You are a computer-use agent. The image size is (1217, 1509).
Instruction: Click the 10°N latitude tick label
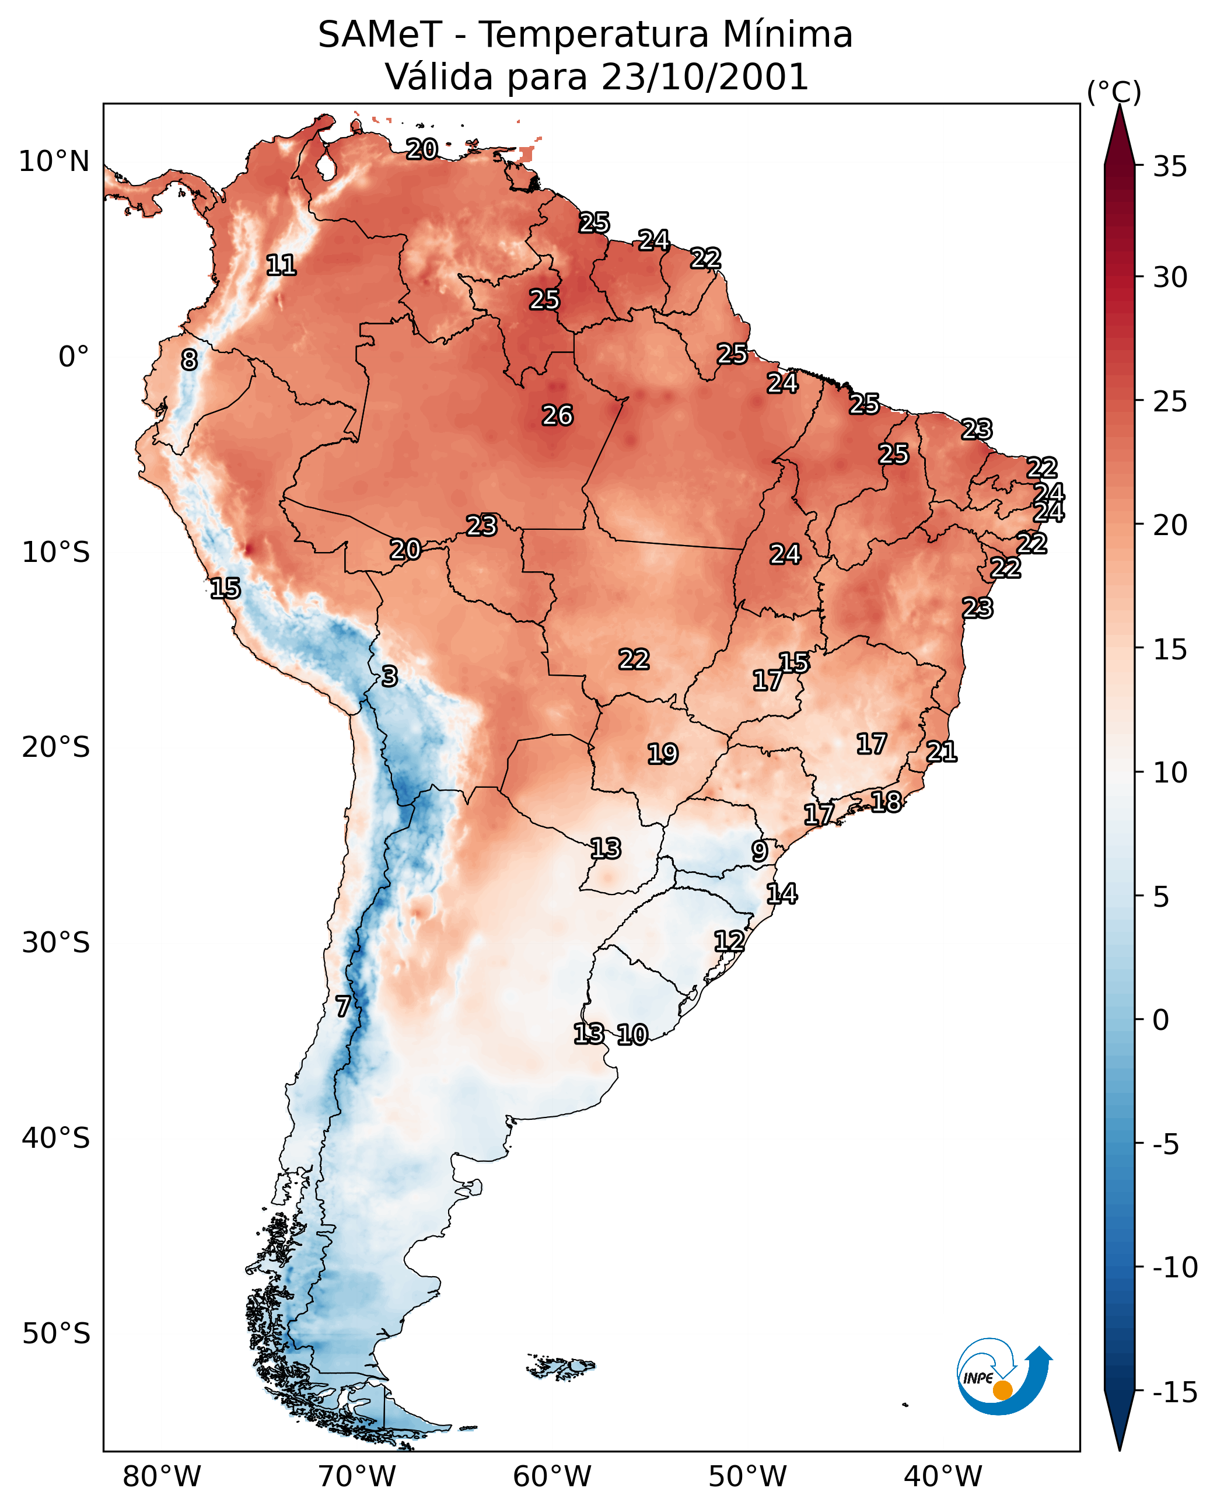54,162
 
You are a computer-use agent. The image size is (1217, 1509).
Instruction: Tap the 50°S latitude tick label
56,1332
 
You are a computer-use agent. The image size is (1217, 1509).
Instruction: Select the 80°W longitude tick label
162,1475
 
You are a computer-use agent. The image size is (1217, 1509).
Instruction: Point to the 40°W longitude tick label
943,1475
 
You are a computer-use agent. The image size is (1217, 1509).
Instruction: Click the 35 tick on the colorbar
1170,167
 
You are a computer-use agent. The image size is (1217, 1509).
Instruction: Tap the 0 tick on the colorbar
1161,1019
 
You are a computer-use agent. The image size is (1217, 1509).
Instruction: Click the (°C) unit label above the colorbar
1114,92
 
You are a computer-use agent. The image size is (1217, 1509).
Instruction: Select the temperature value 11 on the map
281,265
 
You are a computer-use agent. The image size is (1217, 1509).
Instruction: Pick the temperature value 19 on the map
663,754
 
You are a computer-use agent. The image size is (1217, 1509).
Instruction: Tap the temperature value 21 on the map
942,752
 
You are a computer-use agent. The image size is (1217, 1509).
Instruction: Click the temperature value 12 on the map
729,941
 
